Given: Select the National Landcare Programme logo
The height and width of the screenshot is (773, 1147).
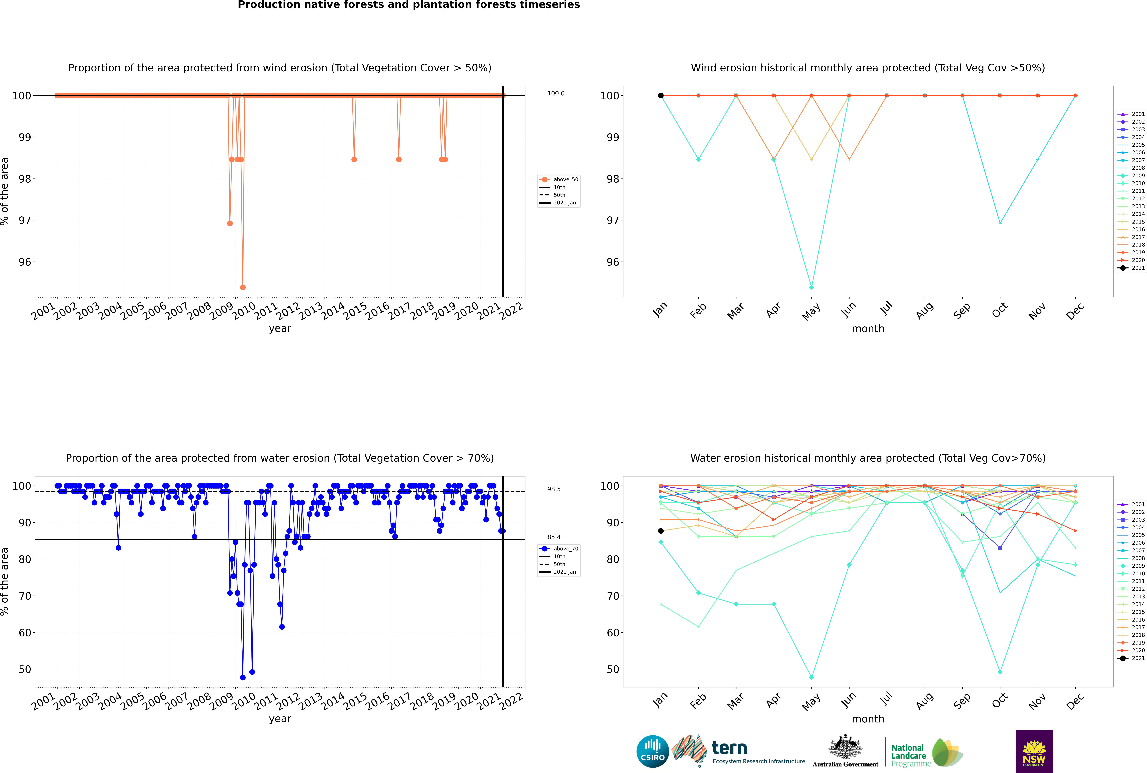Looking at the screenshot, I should pyautogui.click(x=926, y=753).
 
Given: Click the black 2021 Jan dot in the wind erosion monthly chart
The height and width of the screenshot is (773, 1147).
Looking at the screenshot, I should pyautogui.click(x=661, y=96).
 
